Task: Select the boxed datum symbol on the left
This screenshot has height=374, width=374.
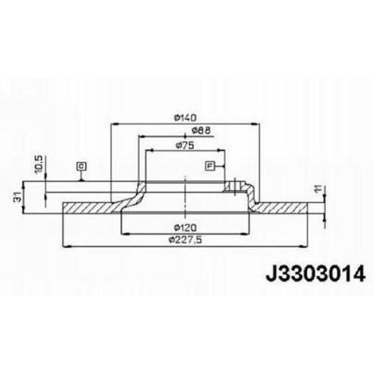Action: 81,166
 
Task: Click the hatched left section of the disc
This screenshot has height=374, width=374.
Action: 90,206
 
